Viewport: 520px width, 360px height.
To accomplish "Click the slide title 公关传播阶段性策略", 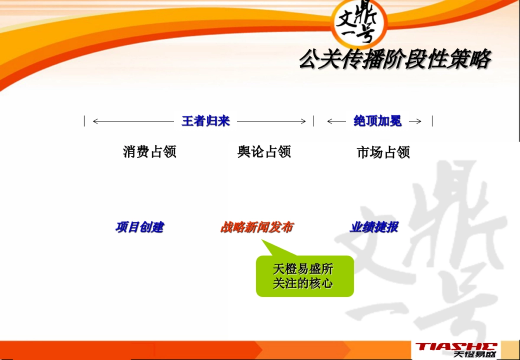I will tap(394, 60).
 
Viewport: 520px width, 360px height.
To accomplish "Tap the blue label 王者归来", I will tap(205, 121).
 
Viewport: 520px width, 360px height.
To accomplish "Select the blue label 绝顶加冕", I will tap(377, 121).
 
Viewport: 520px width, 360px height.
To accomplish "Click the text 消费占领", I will tap(149, 152).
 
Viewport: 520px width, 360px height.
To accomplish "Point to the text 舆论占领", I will tap(264, 152).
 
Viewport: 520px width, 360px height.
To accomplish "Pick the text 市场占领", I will tap(383, 152).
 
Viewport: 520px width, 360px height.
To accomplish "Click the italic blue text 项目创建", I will tap(140, 227).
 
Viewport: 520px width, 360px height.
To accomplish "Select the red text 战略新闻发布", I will tap(257, 227).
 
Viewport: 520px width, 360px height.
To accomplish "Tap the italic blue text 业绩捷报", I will tap(374, 227).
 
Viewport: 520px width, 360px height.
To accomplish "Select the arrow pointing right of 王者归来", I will tap(271, 121).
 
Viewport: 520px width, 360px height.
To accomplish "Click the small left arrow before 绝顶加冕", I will tap(337, 121).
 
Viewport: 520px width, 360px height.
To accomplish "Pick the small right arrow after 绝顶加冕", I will tap(415, 121).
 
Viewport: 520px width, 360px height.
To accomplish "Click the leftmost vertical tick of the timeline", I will tap(84, 121).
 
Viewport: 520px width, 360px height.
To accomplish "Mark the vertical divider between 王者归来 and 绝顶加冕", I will tap(313, 121).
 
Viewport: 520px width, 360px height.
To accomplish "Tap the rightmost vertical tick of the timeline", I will tap(432, 121).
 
